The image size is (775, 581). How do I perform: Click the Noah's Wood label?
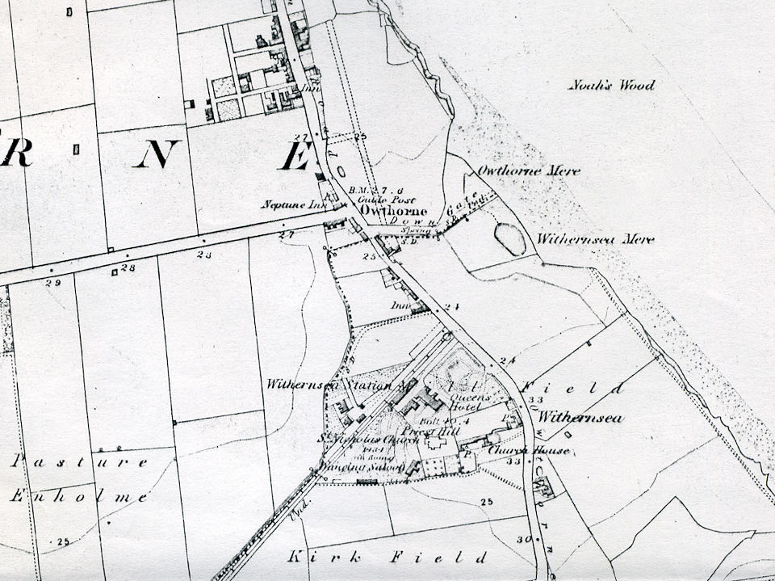point(611,85)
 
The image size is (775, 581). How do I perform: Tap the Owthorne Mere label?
point(529,171)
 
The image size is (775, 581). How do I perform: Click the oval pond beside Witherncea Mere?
point(510,239)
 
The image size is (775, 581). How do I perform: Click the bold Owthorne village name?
point(393,210)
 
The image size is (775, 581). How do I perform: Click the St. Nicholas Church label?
point(379,440)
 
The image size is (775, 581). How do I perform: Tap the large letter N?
point(157,154)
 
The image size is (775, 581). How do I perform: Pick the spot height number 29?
point(53,283)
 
